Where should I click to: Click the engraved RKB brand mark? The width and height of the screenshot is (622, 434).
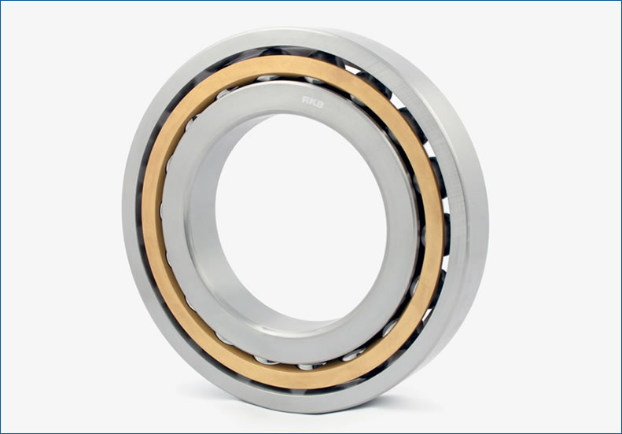pos(313,102)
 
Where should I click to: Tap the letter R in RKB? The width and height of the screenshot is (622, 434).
pos(305,100)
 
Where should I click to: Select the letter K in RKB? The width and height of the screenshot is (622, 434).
pos(312,102)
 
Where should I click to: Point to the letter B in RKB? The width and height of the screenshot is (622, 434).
pos(320,104)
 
